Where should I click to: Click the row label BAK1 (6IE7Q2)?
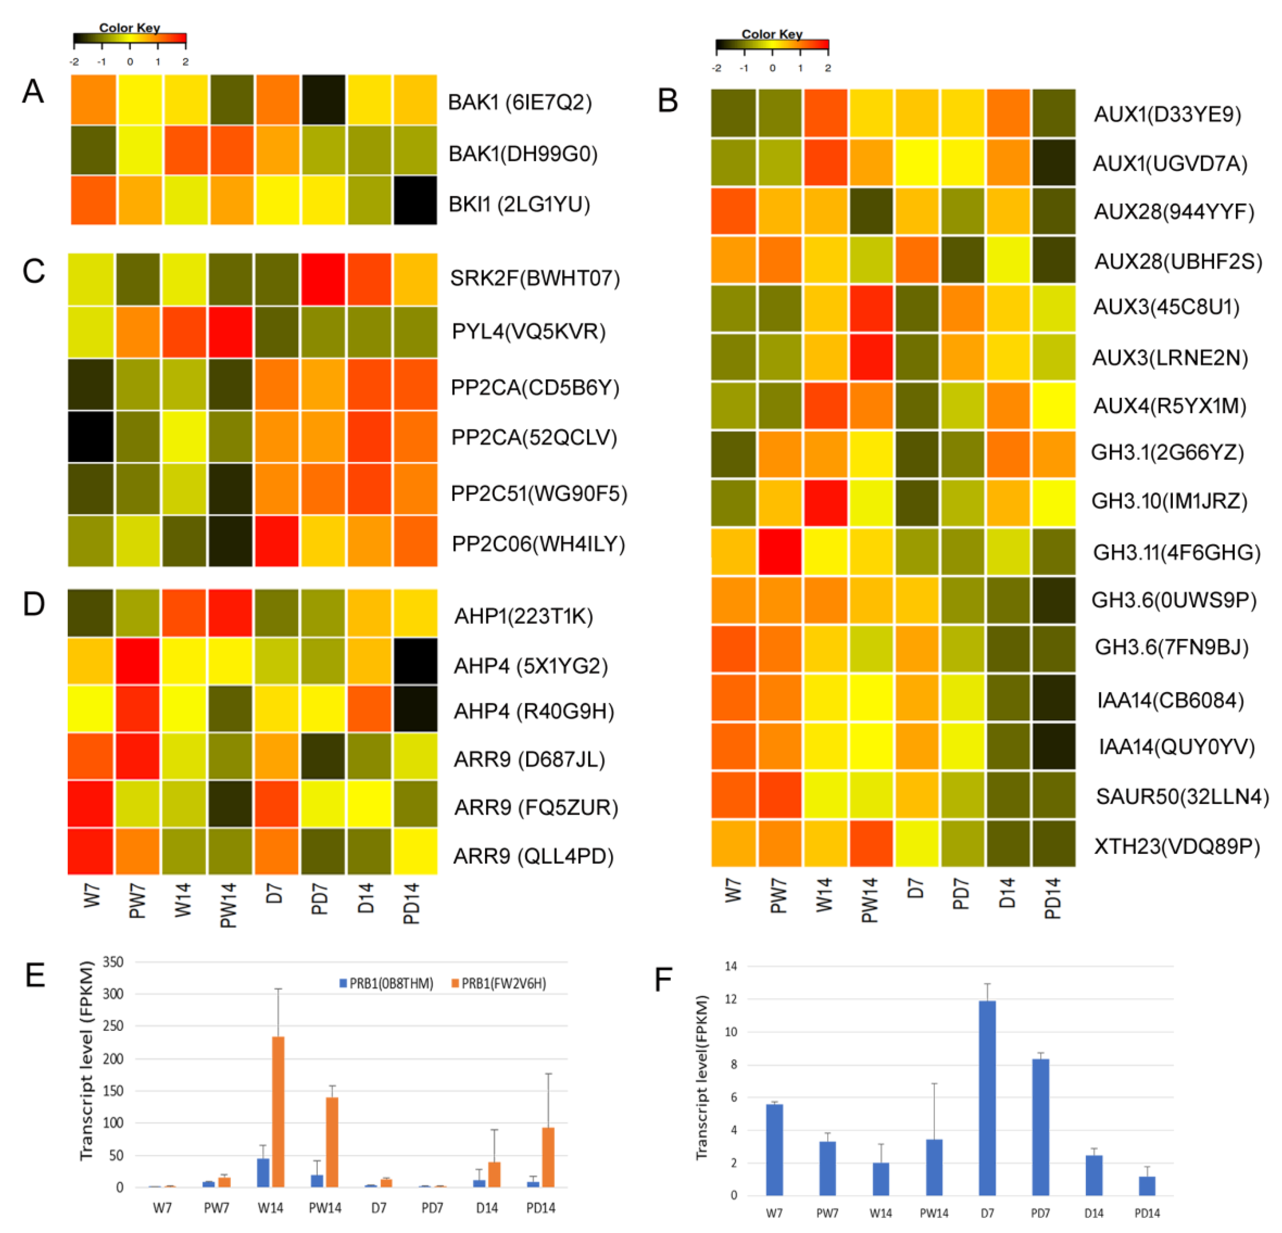click(519, 103)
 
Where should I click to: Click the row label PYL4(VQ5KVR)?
click(529, 332)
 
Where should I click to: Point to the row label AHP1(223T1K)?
click(523, 616)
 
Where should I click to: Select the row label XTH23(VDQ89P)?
click(1177, 846)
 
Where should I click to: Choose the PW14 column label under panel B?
click(870, 901)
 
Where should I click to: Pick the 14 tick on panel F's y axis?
click(731, 966)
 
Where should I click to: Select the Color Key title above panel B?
click(771, 34)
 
